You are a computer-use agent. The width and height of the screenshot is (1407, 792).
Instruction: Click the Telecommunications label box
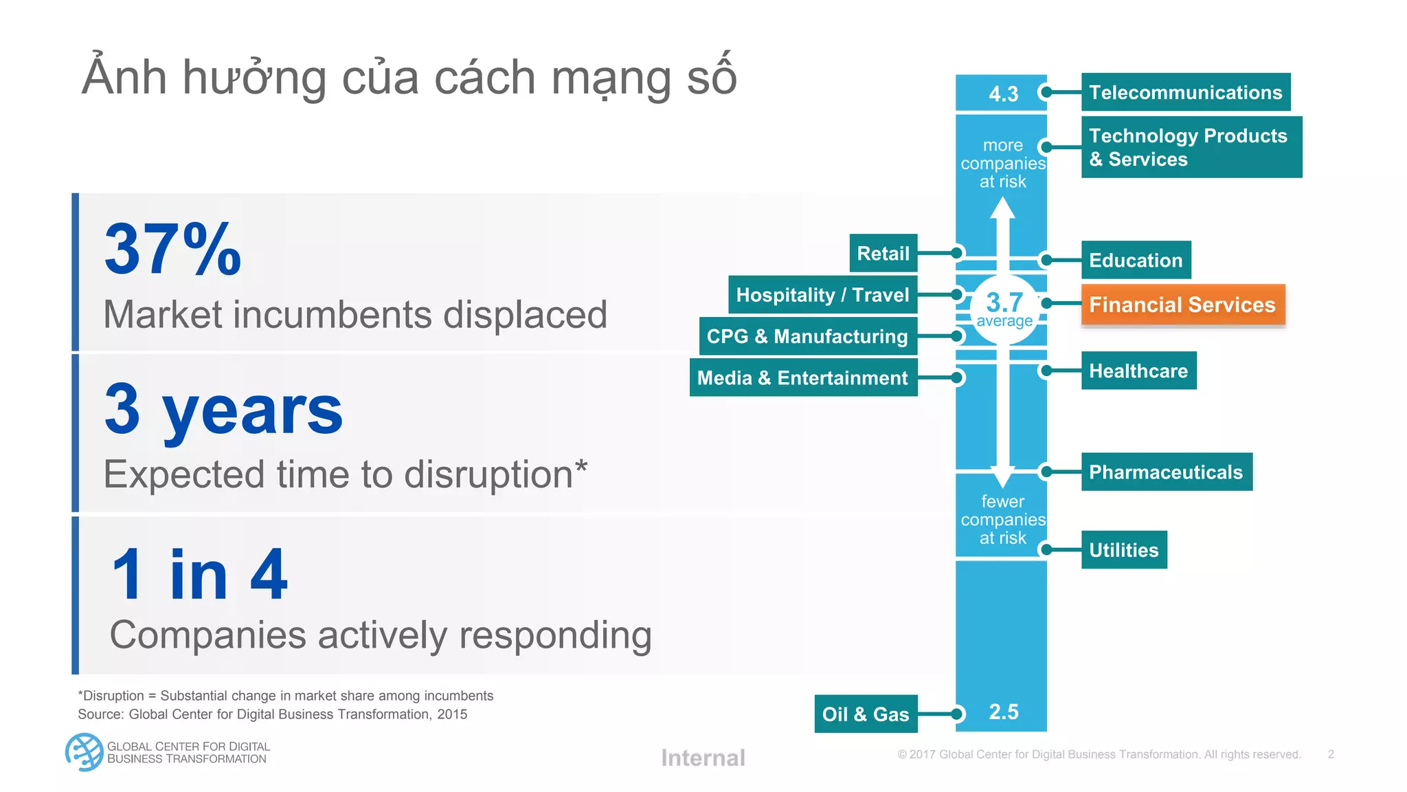[x=1185, y=92]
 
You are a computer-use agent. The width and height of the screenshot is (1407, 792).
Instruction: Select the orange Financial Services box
[x=1182, y=305]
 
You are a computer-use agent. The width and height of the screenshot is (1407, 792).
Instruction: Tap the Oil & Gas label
[x=866, y=714]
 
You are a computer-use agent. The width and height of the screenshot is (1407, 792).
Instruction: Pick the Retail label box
[x=883, y=254]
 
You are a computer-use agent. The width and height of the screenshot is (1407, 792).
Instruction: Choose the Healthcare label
[x=1138, y=371]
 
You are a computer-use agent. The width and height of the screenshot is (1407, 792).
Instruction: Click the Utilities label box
[x=1124, y=550]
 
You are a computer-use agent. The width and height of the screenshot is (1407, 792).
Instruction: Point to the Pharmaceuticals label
[x=1166, y=472]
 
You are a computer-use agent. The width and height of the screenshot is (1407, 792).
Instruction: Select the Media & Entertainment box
[x=802, y=377]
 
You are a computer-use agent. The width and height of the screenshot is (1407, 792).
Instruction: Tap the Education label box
[x=1136, y=260]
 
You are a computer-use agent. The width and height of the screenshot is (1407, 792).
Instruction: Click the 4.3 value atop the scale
[x=1003, y=93]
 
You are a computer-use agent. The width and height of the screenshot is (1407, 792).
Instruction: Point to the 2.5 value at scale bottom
[x=1003, y=712]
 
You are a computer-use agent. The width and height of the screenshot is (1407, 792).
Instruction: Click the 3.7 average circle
[x=1004, y=309]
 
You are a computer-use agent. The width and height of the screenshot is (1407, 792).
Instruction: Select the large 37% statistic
[x=172, y=250]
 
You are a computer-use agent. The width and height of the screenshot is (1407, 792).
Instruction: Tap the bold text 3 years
[x=223, y=410]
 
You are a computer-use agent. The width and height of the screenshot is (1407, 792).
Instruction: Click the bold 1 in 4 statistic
[x=199, y=574]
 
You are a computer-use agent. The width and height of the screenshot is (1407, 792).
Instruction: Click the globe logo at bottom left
[x=84, y=752]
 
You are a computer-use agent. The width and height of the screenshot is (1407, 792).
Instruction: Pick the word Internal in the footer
[x=703, y=758]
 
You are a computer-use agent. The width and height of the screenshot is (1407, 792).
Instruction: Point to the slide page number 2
[x=1331, y=754]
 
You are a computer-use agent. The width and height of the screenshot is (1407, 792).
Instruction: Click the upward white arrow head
[x=1003, y=208]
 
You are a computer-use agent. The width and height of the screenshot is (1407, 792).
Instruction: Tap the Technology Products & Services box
[x=1191, y=147]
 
